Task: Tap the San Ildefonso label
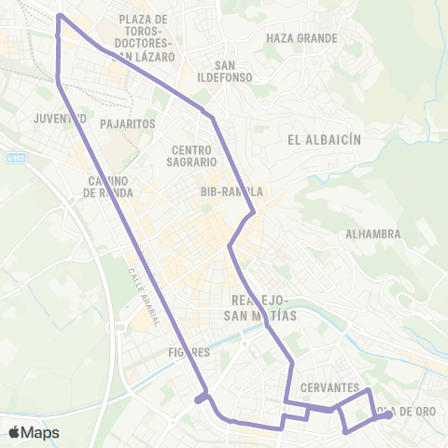pyautogui.click(x=223, y=71)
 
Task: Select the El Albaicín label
pyautogui.click(x=324, y=140)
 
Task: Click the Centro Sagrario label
pyautogui.click(x=194, y=155)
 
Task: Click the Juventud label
pyautogui.click(x=60, y=119)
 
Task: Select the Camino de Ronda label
pyautogui.click(x=108, y=187)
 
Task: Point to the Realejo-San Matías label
pyautogui.click(x=262, y=307)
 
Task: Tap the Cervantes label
pyautogui.click(x=330, y=387)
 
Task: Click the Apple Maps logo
pyautogui.click(x=34, y=432)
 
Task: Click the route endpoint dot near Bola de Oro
pyautogui.click(x=387, y=414)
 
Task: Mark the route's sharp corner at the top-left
pyautogui.click(x=59, y=16)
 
